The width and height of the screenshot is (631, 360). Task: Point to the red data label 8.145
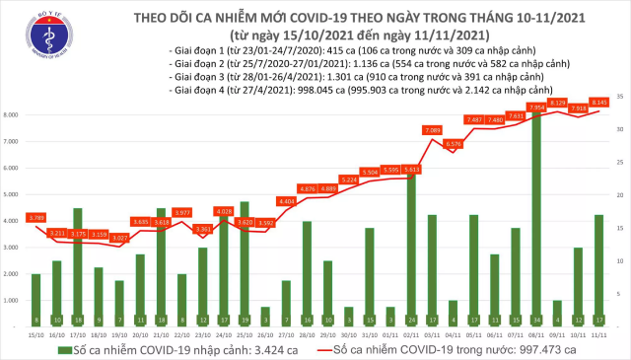pyautogui.click(x=598, y=101)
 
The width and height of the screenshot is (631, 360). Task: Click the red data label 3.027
pyautogui.click(x=118, y=238)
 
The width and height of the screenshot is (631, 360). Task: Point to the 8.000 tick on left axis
pyautogui.click(x=14, y=115)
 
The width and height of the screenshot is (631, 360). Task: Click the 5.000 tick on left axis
pyautogui.click(x=14, y=194)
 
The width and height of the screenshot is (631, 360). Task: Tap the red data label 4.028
pyautogui.click(x=224, y=211)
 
